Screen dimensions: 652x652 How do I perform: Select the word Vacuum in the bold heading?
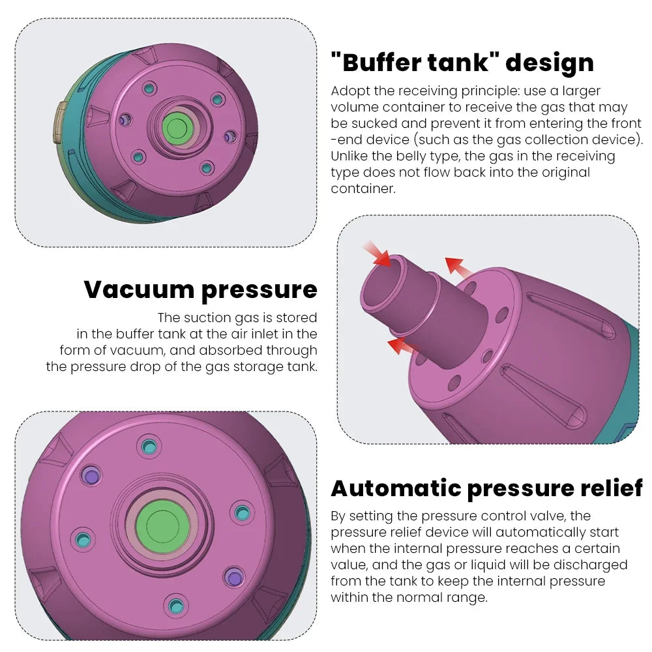[x=137, y=289]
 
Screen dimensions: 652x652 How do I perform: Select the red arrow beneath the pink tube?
[x=401, y=346]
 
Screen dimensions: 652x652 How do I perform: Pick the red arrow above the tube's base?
[x=458, y=267]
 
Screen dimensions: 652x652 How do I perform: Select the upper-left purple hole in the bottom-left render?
[x=89, y=474]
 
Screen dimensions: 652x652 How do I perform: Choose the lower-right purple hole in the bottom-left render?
[x=233, y=576]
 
